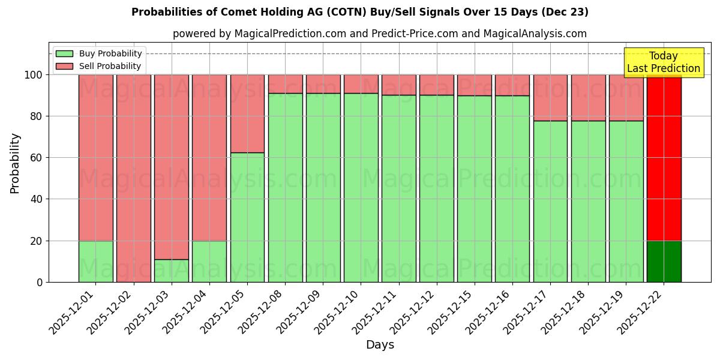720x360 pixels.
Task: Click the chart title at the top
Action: click(x=359, y=12)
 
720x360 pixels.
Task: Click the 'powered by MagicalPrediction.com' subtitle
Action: click(x=379, y=34)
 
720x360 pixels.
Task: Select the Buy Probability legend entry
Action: click(x=98, y=53)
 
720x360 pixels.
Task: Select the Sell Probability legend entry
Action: click(x=98, y=66)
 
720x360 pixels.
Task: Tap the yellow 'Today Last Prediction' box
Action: click(x=663, y=62)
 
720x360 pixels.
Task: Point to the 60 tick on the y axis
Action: click(x=36, y=158)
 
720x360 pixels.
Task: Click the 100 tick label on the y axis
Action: click(x=33, y=75)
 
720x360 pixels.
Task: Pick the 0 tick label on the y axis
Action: click(x=40, y=282)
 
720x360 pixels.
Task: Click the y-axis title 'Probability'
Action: click(x=15, y=163)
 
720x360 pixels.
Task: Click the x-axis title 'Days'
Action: click(x=380, y=345)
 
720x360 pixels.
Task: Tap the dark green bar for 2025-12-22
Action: click(x=664, y=262)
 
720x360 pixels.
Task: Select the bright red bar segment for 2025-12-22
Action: click(x=664, y=157)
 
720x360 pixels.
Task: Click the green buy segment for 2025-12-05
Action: click(x=247, y=217)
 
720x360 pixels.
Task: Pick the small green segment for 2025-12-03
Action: click(x=172, y=271)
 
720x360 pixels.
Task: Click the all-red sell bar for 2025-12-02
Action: click(x=134, y=178)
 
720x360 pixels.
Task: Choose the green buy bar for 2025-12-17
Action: click(x=550, y=202)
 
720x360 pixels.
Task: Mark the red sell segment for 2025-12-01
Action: click(x=96, y=157)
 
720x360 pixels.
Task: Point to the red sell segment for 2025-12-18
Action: click(x=588, y=98)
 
